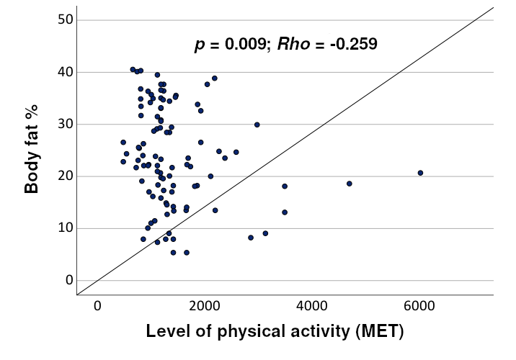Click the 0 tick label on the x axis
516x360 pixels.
pos(97,305)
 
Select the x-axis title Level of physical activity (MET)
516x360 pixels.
pos(275,332)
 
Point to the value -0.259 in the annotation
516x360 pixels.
pos(351,45)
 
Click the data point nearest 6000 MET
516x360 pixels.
pos(420,173)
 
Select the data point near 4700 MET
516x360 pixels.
pos(350,184)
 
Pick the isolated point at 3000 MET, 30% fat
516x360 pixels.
pos(257,125)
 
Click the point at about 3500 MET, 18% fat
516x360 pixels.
pos(285,186)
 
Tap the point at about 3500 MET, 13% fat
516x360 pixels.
pos(285,212)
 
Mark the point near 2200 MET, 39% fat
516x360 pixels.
pos(215,78)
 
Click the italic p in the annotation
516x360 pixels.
pos(199,45)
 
